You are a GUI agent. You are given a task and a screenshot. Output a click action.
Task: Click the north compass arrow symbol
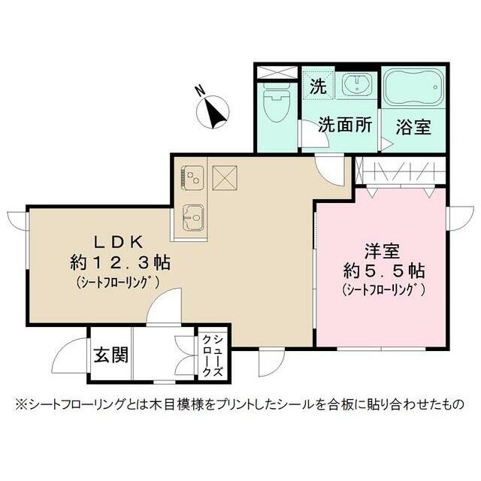(x=216, y=113)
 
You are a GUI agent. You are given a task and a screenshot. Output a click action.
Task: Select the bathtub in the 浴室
(x=414, y=89)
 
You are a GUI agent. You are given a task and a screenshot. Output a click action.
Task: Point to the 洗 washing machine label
(x=318, y=86)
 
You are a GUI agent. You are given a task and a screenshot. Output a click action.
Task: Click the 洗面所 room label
(x=345, y=125)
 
